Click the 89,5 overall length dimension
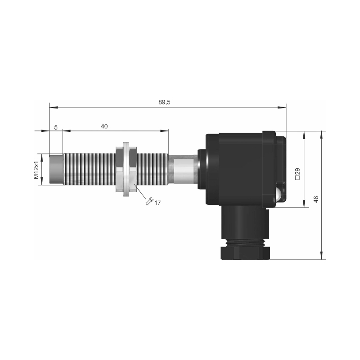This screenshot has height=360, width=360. click(x=164, y=102)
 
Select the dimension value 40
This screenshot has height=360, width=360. click(x=104, y=126)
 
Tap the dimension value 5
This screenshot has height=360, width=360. click(x=56, y=127)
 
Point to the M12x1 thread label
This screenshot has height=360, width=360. click(x=36, y=170)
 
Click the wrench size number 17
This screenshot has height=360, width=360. click(x=157, y=203)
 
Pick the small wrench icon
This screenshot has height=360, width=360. click(x=149, y=201)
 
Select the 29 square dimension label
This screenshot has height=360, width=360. click(x=297, y=174)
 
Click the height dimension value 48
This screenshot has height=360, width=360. click(x=316, y=199)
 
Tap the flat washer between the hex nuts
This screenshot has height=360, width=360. click(x=126, y=169)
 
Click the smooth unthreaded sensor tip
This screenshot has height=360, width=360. click(x=56, y=170)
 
